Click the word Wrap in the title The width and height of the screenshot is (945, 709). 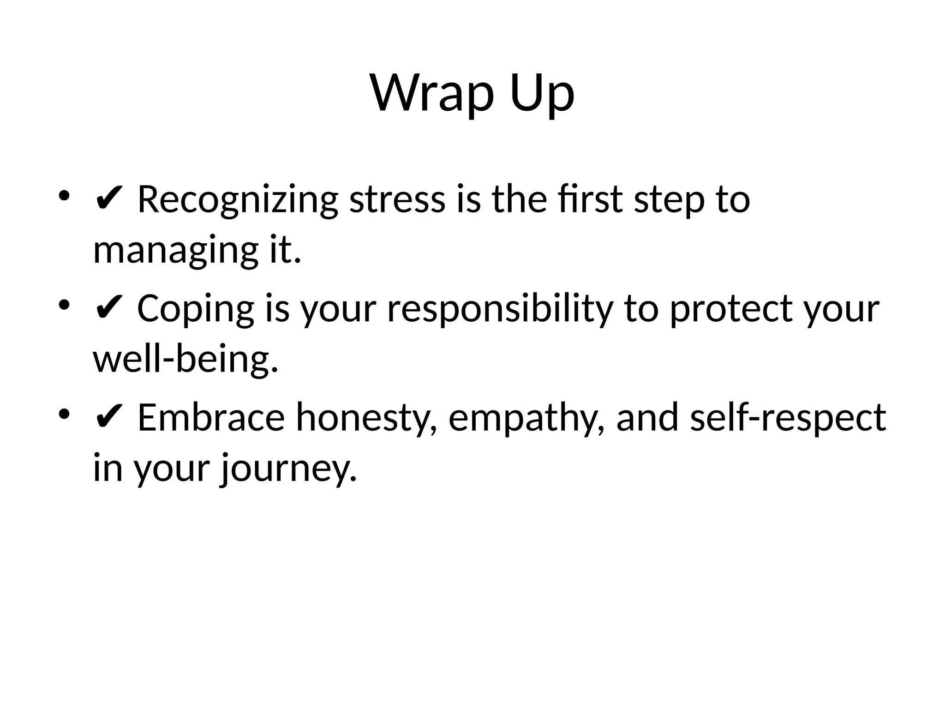[x=432, y=93]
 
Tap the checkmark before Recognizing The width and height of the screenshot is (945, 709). [x=108, y=200]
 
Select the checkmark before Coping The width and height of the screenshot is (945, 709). [x=108, y=309]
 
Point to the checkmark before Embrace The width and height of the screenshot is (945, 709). [x=108, y=418]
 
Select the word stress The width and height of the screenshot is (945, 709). [x=397, y=200]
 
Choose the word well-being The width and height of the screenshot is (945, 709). [x=185, y=360]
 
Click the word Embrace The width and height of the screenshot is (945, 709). [x=211, y=418]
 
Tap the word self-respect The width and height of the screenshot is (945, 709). [x=788, y=418]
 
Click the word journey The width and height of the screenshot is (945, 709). [x=288, y=468]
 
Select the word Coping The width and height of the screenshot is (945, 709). [x=196, y=309]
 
